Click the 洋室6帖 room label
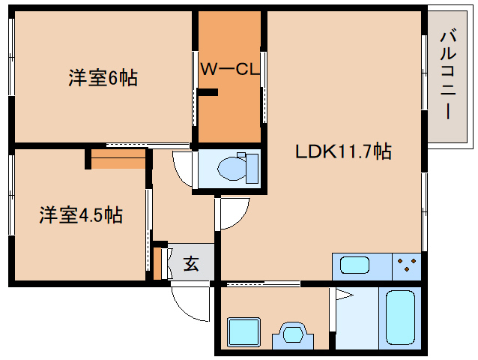point(103,77)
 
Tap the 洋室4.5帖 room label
point(81,215)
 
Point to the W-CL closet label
point(229,70)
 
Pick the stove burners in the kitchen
point(407,265)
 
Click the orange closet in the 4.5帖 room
point(118,159)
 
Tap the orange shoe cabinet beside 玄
point(158,262)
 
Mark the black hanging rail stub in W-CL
point(206,93)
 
